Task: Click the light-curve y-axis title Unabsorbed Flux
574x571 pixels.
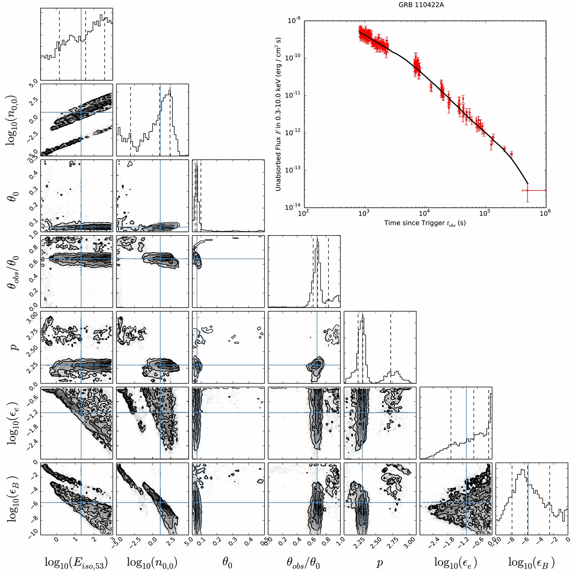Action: [278, 114]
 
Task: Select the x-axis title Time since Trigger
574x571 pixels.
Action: [425, 223]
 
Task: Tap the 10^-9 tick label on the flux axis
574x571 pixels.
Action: [294, 20]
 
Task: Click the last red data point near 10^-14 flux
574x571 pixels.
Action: [528, 190]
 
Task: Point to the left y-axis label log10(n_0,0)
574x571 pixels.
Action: [14, 120]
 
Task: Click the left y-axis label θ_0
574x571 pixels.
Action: [14, 196]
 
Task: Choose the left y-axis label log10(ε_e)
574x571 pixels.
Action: [14, 423]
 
